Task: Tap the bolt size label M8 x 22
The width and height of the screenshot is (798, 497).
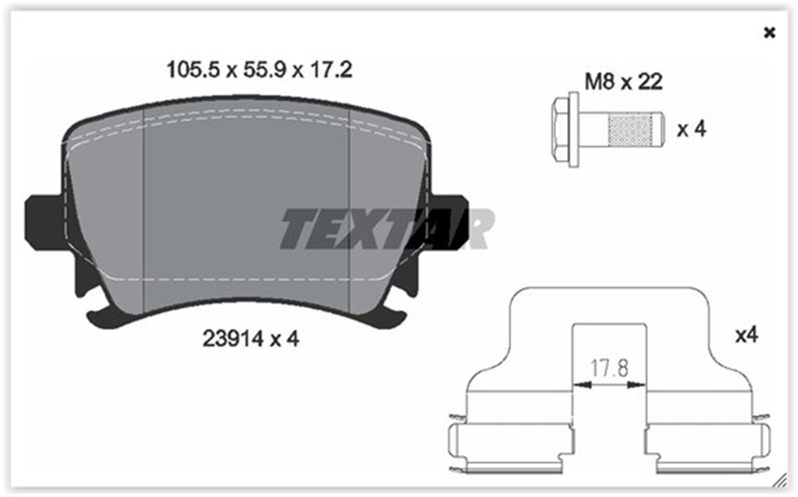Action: pyautogui.click(x=622, y=82)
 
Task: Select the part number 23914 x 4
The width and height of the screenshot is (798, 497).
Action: pyautogui.click(x=250, y=339)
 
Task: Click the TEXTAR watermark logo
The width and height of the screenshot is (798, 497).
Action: pyautogui.click(x=386, y=229)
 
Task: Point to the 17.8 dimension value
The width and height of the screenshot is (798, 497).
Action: pyautogui.click(x=610, y=367)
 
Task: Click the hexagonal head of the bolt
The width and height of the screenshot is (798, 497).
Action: pyautogui.click(x=565, y=129)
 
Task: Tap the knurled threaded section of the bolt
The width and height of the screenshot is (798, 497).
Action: pyautogui.click(x=631, y=130)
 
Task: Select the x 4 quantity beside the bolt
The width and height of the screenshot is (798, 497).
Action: pyautogui.click(x=691, y=130)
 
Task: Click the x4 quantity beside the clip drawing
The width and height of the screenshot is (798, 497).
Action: pyautogui.click(x=746, y=336)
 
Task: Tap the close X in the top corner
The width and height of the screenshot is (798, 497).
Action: pyautogui.click(x=769, y=33)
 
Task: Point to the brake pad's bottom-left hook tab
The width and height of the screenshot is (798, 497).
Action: pyautogui.click(x=100, y=318)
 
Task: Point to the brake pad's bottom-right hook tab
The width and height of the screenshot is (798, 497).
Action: pyautogui.click(x=392, y=318)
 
